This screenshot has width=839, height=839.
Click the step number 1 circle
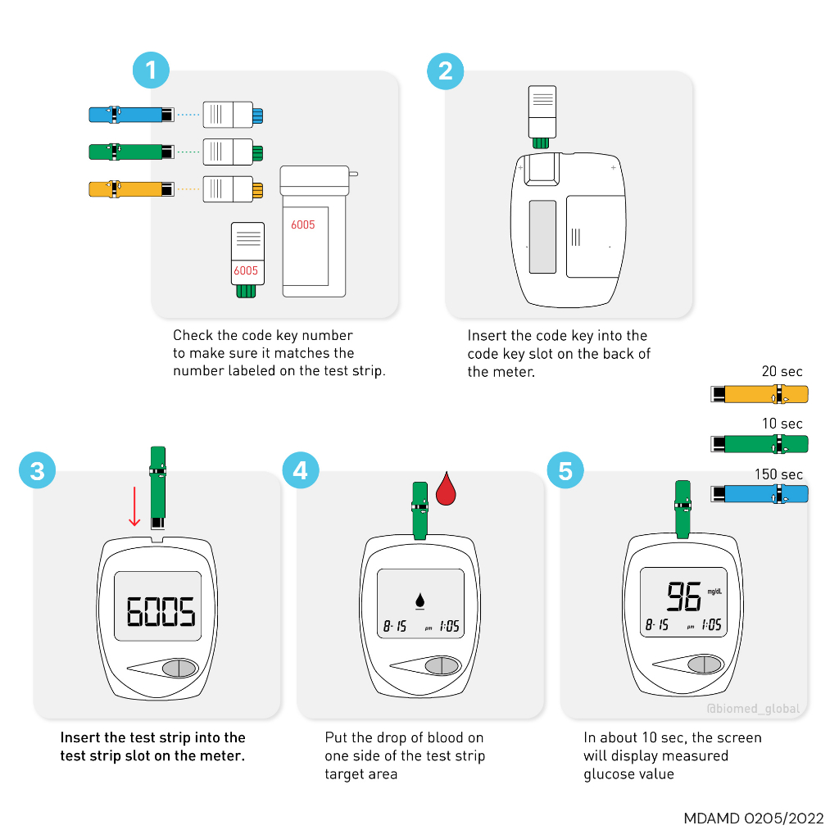(x=151, y=70)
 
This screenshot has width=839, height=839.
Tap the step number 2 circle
(x=445, y=70)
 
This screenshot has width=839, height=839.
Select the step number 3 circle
(x=38, y=471)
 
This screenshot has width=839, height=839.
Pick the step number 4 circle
(x=301, y=471)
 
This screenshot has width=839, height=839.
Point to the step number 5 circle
(x=565, y=471)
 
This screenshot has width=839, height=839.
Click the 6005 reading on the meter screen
(x=160, y=610)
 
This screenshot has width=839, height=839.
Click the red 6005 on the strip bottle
(x=302, y=224)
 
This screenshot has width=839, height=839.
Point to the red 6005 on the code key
(x=246, y=270)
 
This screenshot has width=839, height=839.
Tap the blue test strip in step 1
(x=131, y=114)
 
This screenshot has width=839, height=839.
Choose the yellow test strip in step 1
(x=131, y=188)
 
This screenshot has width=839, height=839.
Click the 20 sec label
(x=782, y=372)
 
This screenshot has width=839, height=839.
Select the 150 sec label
(x=778, y=474)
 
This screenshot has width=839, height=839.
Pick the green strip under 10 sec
(x=760, y=444)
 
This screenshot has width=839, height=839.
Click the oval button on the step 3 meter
(x=179, y=668)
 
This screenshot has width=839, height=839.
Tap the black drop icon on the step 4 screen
(x=420, y=602)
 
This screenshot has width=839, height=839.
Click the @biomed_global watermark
(x=753, y=709)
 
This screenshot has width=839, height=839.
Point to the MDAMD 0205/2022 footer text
(x=754, y=819)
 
